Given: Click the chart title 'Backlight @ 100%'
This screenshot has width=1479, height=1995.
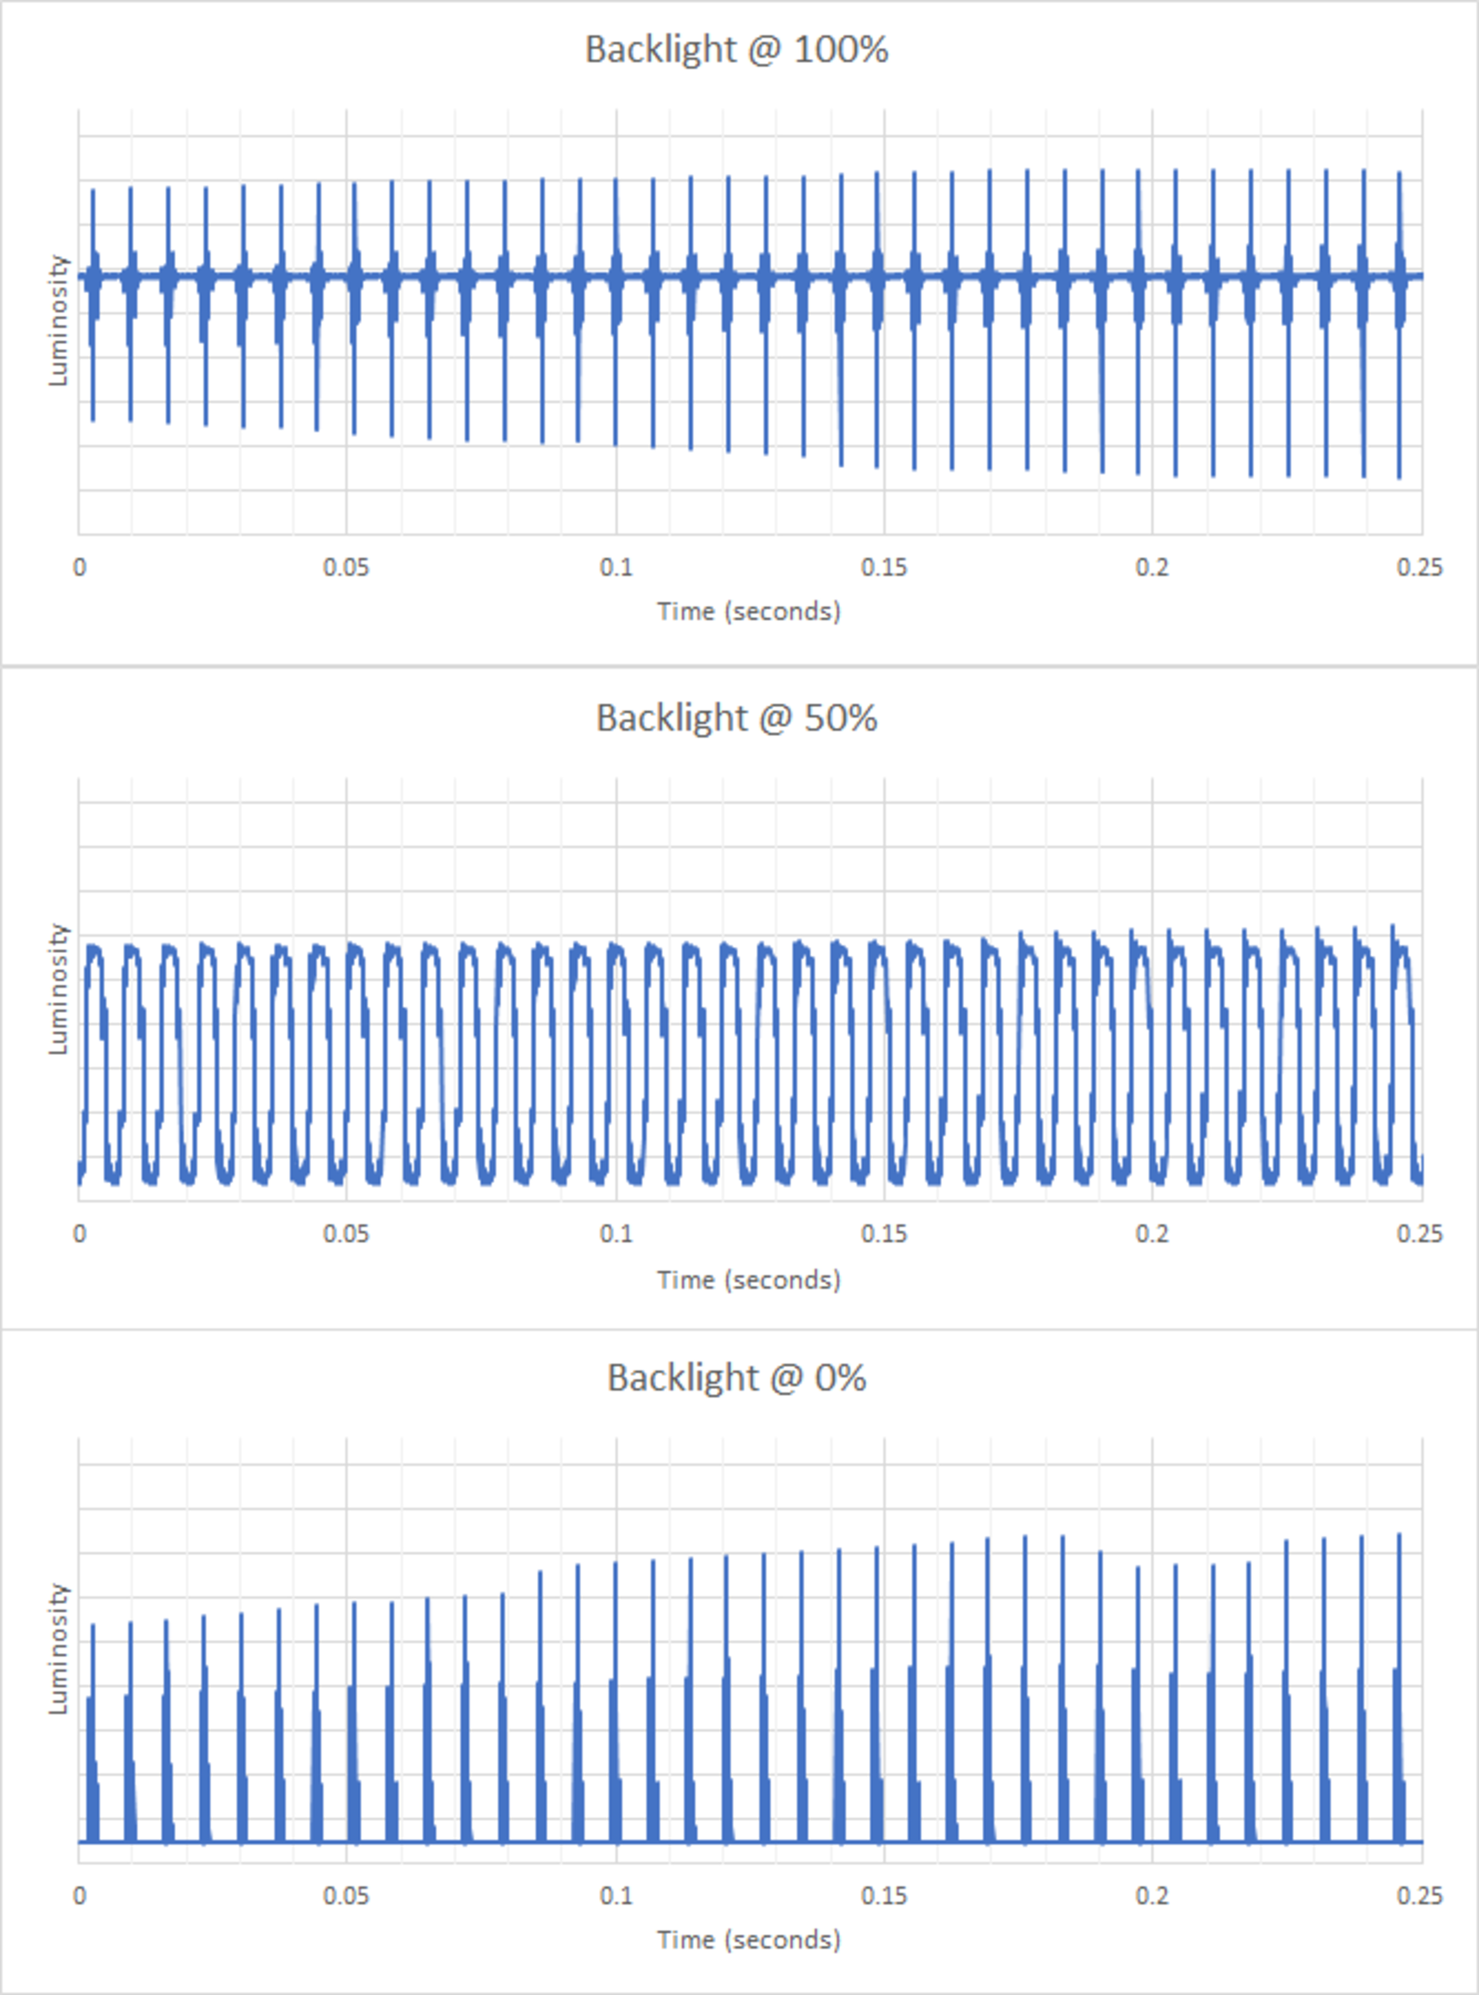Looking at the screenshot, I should (736, 49).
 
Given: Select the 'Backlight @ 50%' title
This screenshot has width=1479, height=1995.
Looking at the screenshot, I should (736, 718).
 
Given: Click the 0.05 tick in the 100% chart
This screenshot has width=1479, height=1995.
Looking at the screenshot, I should (347, 568).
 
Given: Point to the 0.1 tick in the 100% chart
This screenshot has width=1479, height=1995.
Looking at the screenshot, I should (616, 568).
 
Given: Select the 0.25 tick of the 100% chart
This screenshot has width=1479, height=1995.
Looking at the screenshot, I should (1420, 568).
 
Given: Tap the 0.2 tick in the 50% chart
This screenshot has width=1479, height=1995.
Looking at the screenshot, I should (1152, 1234).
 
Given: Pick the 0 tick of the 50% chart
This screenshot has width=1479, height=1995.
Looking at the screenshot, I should (80, 1234).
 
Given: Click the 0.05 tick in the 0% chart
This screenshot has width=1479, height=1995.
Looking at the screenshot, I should (347, 1896).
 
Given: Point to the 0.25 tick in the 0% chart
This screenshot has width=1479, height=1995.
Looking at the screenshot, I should (1420, 1896).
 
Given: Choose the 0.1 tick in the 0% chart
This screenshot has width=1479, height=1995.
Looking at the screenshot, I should (616, 1896).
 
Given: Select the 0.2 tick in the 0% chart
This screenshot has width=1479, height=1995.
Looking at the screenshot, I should (1152, 1896).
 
